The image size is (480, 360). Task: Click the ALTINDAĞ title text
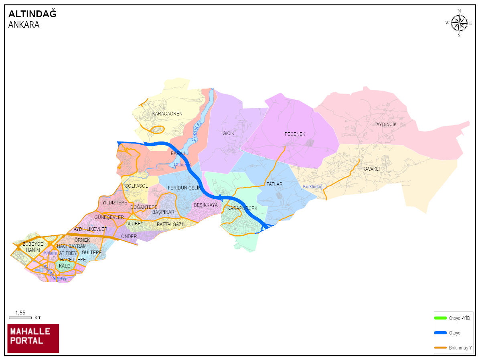[x=32, y=14]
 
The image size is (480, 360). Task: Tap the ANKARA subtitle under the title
[x=24, y=24]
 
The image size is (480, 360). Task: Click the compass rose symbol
[x=459, y=23]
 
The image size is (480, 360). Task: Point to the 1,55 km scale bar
[x=20, y=317]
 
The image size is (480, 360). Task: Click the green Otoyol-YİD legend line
[x=440, y=318]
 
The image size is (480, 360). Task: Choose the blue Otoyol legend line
[x=440, y=333]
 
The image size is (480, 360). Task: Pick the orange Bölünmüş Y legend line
[x=440, y=347]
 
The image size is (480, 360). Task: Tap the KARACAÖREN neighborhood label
[x=167, y=114]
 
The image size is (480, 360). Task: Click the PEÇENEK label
[x=295, y=134]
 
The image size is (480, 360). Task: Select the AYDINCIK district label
[x=386, y=125]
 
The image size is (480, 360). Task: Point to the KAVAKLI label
[x=371, y=169]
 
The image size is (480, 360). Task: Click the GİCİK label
[x=228, y=133]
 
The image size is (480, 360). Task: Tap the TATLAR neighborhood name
[x=275, y=184]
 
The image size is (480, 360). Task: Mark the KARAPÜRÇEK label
[x=242, y=208]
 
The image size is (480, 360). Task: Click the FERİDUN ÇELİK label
[x=184, y=188]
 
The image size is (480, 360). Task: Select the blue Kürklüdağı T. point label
[x=316, y=187]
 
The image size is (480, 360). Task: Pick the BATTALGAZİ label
[x=170, y=224]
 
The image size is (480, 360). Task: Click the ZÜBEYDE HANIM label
[x=32, y=247]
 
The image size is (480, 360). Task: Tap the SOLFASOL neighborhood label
[x=136, y=186]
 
